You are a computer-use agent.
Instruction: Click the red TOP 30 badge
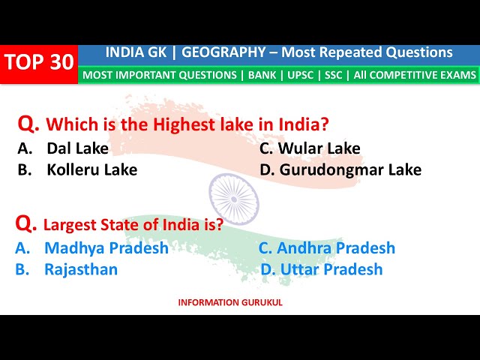click(39, 63)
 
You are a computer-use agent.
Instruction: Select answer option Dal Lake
click(77, 148)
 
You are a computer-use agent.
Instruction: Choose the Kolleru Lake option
click(91, 169)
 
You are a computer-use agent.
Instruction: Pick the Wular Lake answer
click(319, 148)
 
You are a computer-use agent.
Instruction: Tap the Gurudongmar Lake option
click(350, 169)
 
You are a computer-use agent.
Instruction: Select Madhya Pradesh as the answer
click(106, 248)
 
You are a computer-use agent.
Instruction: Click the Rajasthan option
click(81, 269)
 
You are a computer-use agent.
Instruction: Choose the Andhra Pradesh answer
click(336, 248)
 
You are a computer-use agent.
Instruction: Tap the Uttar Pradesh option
click(330, 269)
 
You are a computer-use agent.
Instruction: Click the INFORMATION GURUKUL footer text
click(230, 303)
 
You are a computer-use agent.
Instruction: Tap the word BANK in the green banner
click(258, 75)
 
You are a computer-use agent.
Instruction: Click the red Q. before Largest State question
click(26, 223)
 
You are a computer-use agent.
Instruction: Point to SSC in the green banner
click(334, 75)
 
